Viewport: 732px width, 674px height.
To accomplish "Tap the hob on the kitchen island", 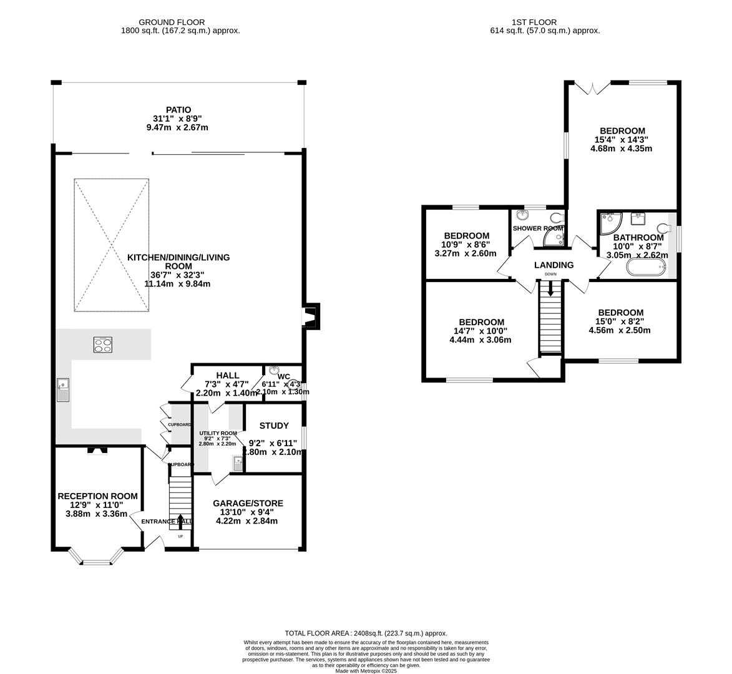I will pos(103,344).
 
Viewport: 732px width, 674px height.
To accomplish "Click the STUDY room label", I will pos(274,426).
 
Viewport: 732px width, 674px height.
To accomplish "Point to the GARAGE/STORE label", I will pos(248,503).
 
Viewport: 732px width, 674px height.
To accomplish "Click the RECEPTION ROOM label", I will pos(97,496).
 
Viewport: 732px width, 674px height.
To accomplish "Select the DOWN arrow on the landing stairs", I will pos(550,288).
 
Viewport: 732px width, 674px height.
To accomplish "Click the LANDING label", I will pos(554,265).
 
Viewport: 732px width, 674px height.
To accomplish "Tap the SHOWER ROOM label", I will pos(538,228).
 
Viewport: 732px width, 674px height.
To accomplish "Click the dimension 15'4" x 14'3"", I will pos(621,140).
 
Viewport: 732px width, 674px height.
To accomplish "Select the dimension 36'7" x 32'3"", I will pos(178,275).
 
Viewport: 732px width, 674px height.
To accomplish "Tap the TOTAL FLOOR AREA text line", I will pos(366,633).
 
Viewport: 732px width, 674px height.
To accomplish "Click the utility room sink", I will pos(238,463).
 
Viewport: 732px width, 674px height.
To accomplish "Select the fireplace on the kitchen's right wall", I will pos(311,316).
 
